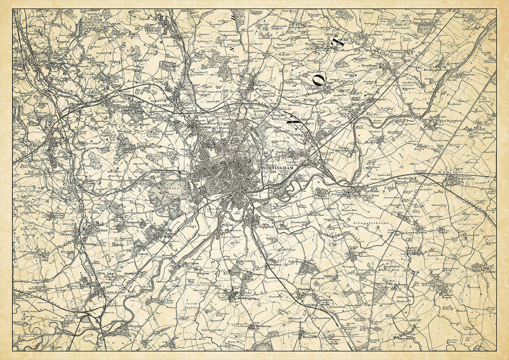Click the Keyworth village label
coord(308,337)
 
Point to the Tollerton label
coord(295,262)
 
